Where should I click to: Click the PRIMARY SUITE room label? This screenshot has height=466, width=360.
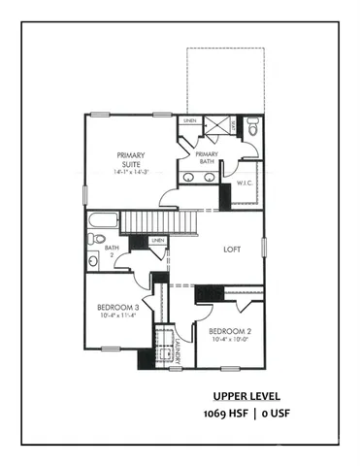tap(130, 159)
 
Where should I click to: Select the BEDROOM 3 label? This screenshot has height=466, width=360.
tap(121, 309)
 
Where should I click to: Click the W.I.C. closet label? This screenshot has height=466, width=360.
tap(244, 182)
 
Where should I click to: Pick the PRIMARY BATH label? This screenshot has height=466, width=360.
tap(206, 159)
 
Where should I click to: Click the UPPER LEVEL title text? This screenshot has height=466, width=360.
tap(247, 396)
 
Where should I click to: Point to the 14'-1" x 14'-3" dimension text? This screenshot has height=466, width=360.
tap(130, 171)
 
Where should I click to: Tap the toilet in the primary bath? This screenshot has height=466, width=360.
tap(251, 126)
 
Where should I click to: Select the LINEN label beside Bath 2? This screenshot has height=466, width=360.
tap(157, 240)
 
